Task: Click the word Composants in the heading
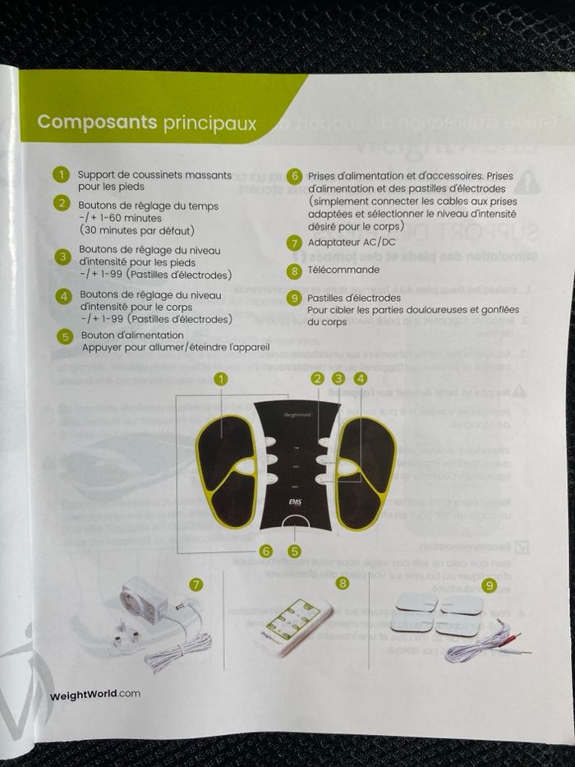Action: click(x=97, y=122)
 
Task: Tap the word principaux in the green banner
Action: click(x=209, y=123)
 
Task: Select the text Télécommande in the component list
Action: click(x=343, y=270)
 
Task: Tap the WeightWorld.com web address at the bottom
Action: click(x=94, y=694)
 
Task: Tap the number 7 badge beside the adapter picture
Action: click(x=195, y=584)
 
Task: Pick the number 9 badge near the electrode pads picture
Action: click(x=490, y=585)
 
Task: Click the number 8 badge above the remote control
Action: click(x=343, y=583)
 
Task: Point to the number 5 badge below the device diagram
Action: click(x=294, y=552)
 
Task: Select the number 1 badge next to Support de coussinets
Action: click(x=61, y=174)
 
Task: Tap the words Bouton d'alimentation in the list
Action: click(x=132, y=335)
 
